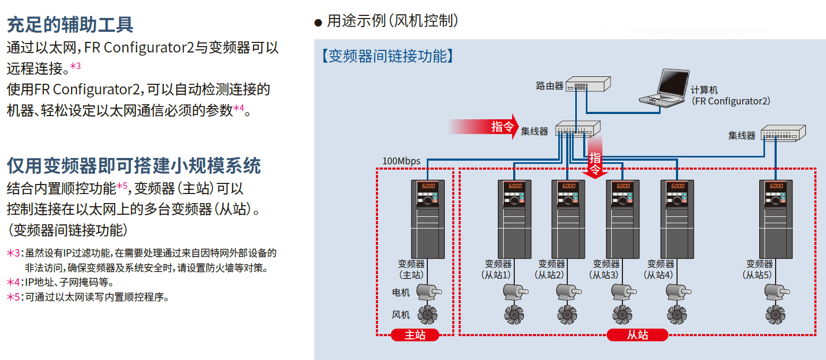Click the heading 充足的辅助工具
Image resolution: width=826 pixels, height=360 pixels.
click(x=70, y=24)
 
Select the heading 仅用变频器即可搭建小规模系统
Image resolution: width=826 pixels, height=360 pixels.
click(x=134, y=165)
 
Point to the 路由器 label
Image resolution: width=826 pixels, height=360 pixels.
click(x=550, y=86)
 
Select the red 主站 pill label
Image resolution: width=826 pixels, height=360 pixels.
click(x=415, y=335)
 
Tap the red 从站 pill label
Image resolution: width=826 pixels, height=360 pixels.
click(x=637, y=335)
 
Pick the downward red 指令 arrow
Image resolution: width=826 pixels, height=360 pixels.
click(x=595, y=157)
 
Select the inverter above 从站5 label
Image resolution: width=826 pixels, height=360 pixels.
click(x=776, y=218)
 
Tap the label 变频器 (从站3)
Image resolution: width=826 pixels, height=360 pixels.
click(x=605, y=269)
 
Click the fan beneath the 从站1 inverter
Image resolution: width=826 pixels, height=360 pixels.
click(x=513, y=314)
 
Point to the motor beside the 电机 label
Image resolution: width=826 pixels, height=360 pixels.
click(x=428, y=292)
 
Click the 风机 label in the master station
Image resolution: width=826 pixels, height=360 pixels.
click(x=401, y=315)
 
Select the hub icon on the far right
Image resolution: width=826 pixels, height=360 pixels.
click(x=783, y=133)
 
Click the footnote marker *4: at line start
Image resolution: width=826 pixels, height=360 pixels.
click(x=15, y=282)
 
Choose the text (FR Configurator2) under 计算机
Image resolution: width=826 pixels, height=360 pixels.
click(x=731, y=101)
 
